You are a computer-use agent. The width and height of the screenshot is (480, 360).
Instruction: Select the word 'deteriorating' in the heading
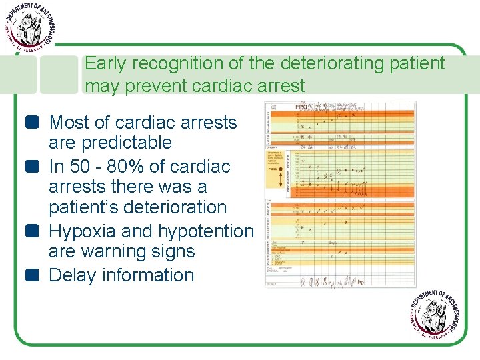(x=318, y=65)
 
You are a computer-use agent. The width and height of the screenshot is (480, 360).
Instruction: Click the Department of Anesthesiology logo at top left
(x=29, y=27)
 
